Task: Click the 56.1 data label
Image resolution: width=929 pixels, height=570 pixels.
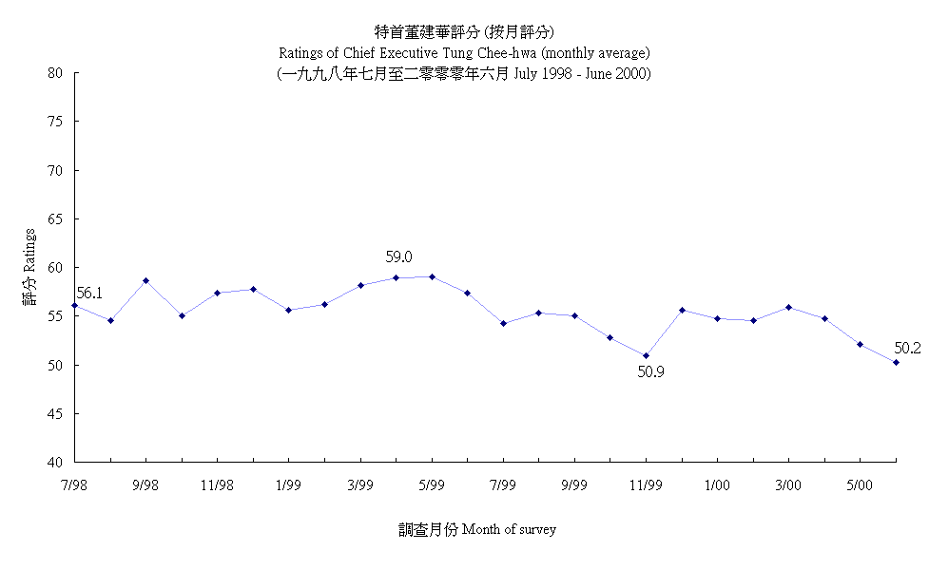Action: coord(88,294)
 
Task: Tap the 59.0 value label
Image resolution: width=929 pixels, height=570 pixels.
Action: coord(398,257)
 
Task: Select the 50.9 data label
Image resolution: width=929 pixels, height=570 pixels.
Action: coord(650,371)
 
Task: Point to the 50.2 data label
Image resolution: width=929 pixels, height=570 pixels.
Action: coord(907,349)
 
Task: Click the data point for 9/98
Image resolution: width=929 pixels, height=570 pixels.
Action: coord(146,281)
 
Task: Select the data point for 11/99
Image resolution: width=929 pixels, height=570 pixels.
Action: coord(647,356)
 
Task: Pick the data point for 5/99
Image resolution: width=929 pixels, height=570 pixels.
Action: coord(432,277)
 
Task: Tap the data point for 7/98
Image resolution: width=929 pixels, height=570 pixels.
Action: coord(75,305)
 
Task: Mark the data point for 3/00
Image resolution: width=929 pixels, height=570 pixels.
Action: coord(789,308)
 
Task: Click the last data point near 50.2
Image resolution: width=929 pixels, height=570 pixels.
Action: coord(896,362)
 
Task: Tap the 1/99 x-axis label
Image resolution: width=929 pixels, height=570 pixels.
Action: coord(288,485)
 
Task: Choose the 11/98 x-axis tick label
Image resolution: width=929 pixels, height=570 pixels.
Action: coord(217,485)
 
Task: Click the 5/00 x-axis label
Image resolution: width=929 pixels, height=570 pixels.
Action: coord(860,485)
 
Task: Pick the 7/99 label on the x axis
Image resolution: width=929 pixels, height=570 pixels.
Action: coord(503,485)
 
